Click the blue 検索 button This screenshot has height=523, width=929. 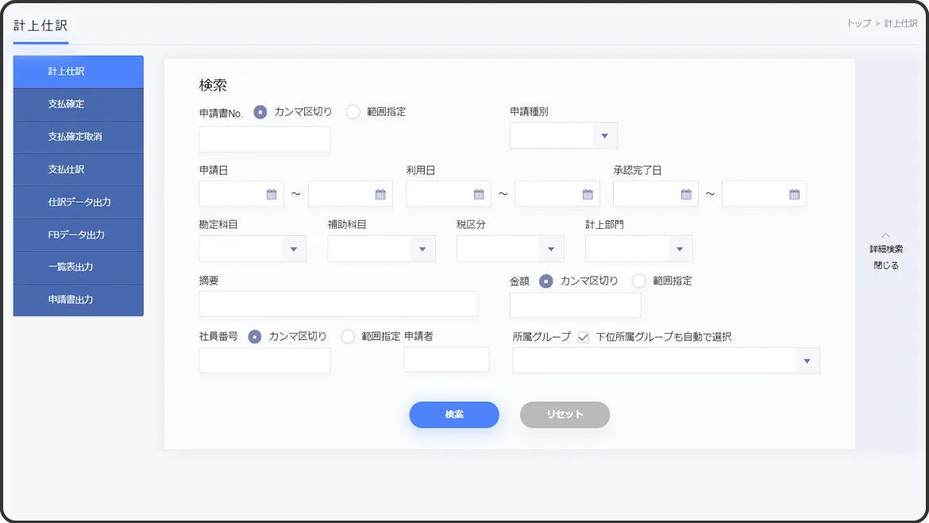click(454, 415)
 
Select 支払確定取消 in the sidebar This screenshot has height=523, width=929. click(78, 137)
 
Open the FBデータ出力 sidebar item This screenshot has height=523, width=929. click(78, 234)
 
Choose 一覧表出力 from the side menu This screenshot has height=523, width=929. click(78, 267)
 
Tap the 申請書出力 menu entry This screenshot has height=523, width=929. click(78, 300)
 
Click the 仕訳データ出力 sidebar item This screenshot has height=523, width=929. click(78, 202)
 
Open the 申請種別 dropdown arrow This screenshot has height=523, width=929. click(604, 136)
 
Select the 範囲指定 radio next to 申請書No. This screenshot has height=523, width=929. click(353, 112)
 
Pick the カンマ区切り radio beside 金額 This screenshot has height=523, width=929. click(546, 281)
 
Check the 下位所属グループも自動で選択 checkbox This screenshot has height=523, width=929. click(584, 337)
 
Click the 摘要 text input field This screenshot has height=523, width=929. click(338, 304)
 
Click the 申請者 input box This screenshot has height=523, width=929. click(446, 359)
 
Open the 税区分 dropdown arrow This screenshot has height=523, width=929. click(551, 249)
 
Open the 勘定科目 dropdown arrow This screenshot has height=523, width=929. click(293, 249)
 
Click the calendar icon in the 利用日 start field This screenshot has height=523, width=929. click(478, 194)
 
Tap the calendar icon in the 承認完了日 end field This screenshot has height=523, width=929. click(794, 194)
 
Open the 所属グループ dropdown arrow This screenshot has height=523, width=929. click(807, 361)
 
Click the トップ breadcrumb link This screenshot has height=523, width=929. click(858, 24)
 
